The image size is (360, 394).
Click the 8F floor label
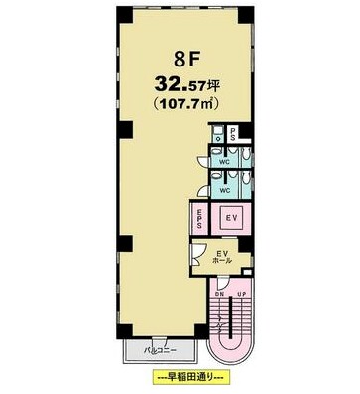[x=182, y=60]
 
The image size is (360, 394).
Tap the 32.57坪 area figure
[x=187, y=85]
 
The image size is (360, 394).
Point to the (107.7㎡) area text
[x=187, y=104]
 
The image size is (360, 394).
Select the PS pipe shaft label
[x=233, y=134]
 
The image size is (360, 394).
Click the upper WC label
[x=225, y=162]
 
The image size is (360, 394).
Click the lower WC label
[x=225, y=190]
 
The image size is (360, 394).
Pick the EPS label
[x=200, y=219]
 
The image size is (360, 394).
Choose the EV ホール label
[x=222, y=257]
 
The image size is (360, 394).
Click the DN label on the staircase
[x=219, y=294]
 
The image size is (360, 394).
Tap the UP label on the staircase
[x=241, y=294]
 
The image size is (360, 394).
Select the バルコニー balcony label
[x=160, y=350]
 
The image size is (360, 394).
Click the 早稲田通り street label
[x=189, y=377]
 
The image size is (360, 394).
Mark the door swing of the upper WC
[x=203, y=161]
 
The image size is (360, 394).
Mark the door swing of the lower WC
[x=203, y=191]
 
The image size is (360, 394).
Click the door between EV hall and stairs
[x=222, y=282]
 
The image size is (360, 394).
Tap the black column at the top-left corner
[x=125, y=15]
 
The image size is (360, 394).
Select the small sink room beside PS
[x=217, y=134]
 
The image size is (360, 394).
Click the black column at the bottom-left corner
[x=125, y=328]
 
